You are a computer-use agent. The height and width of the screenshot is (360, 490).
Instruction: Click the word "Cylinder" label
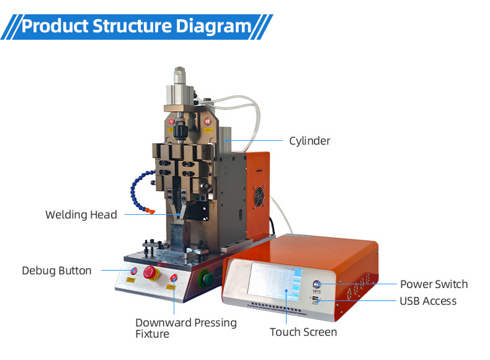[310, 141]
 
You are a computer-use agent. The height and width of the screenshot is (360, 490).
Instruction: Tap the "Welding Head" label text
[81, 215]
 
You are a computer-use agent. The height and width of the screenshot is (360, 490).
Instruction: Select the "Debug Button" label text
[56, 271]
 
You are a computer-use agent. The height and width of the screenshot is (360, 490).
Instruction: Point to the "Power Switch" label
[434, 284]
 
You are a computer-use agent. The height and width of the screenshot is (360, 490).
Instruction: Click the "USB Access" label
[428, 301]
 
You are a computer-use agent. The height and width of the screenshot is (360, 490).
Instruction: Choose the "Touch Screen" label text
[303, 332]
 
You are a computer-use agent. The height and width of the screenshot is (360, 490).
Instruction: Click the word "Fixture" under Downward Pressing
[152, 335]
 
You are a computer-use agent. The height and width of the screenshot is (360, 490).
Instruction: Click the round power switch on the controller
[318, 284]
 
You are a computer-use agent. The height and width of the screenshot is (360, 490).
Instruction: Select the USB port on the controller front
[316, 301]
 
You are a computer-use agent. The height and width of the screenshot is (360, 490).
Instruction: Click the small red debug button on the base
[133, 271]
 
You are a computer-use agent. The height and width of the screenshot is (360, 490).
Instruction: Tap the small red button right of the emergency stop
[174, 277]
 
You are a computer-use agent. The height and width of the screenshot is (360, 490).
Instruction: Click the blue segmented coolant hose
[133, 187]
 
